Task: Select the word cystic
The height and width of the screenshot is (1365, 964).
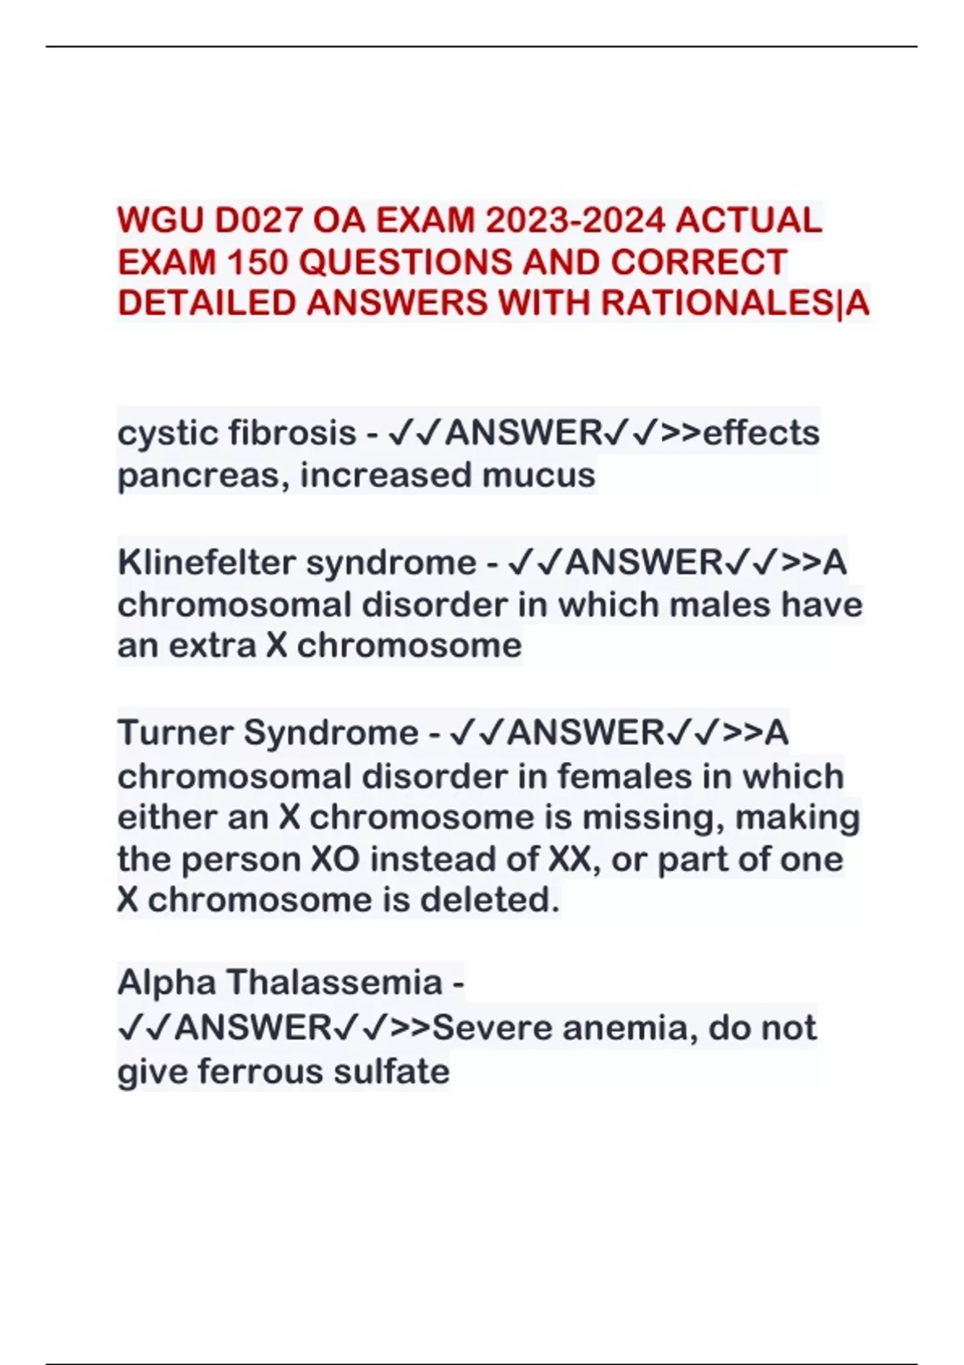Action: tap(168, 434)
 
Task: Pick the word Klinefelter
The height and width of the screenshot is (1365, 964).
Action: tap(206, 562)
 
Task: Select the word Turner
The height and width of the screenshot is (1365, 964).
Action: tap(175, 733)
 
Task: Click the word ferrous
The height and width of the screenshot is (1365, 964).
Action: tap(260, 1072)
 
